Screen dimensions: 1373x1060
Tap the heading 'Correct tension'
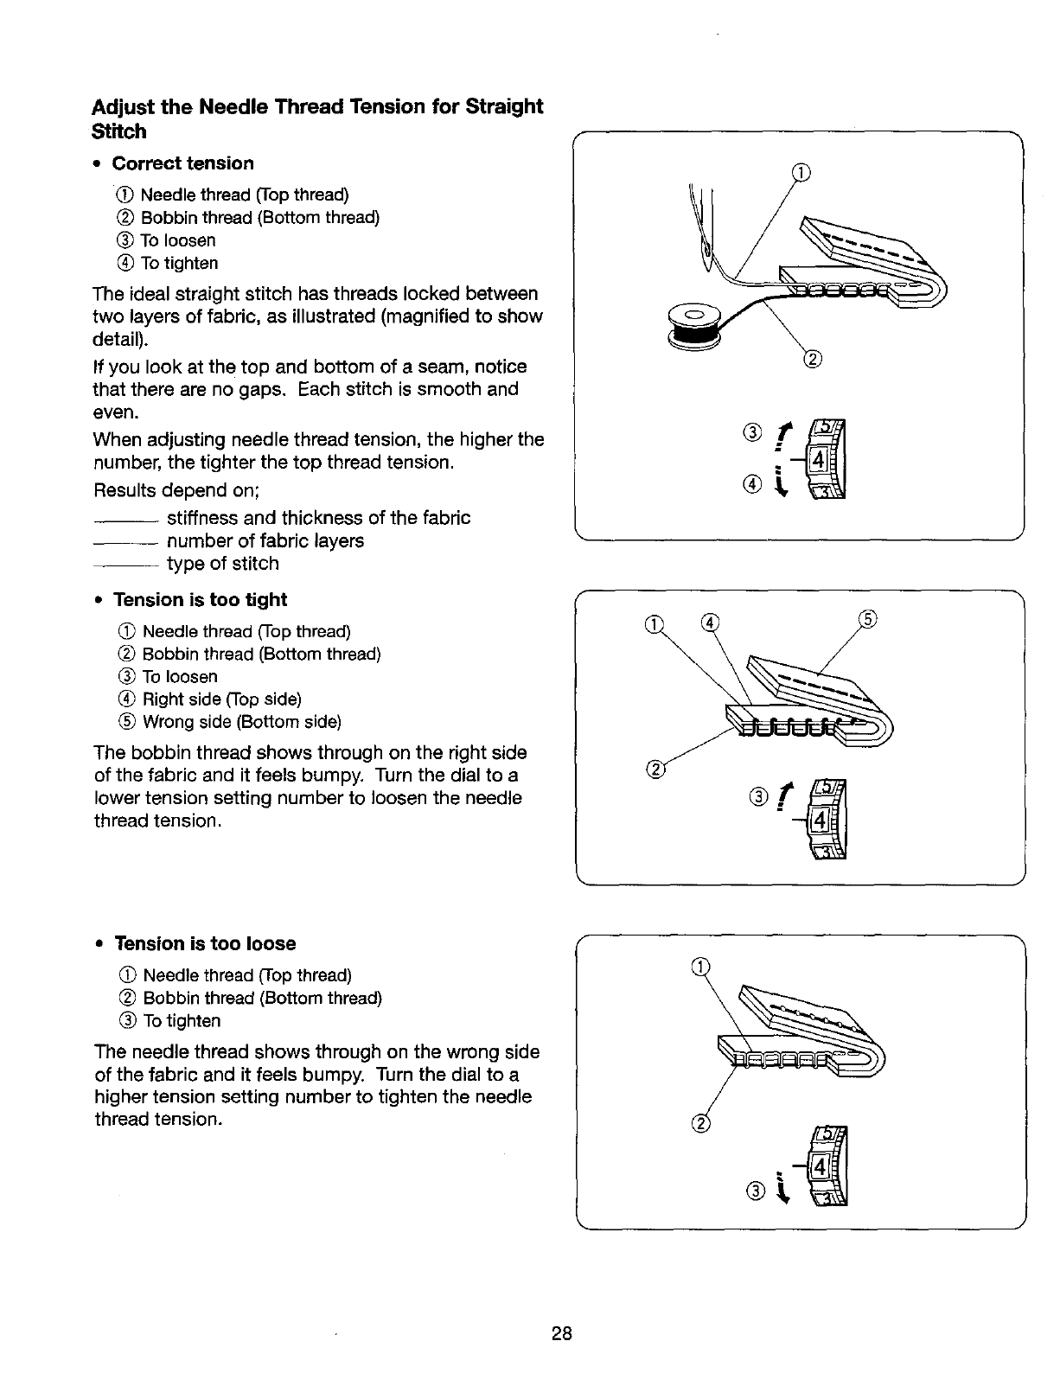183,163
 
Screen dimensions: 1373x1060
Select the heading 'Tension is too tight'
200,600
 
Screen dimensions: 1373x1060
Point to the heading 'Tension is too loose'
205,943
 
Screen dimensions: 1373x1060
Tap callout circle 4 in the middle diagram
709,620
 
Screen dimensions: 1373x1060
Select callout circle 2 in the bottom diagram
701,1124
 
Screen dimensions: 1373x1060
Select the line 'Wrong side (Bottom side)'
241,722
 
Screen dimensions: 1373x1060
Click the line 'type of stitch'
222,564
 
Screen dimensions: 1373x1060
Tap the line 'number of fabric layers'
265,541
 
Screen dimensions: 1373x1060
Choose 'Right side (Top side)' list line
221,699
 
